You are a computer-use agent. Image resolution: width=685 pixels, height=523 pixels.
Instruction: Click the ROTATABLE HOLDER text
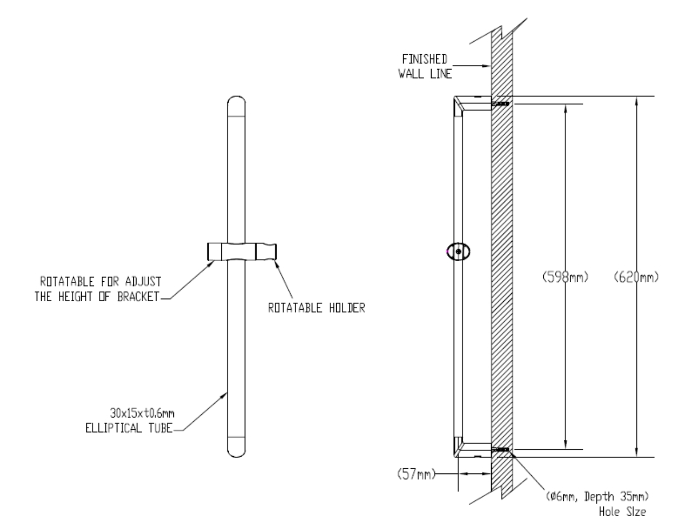[x=317, y=309]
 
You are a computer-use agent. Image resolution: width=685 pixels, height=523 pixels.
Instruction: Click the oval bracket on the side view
[x=458, y=252]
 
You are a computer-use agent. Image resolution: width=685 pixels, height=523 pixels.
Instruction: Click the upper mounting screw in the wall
[x=501, y=104]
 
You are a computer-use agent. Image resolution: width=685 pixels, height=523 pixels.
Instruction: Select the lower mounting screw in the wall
[x=501, y=449]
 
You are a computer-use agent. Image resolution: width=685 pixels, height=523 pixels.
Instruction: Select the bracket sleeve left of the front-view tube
[x=216, y=251]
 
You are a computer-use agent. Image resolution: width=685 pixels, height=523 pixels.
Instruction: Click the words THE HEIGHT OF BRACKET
[x=96, y=297]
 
